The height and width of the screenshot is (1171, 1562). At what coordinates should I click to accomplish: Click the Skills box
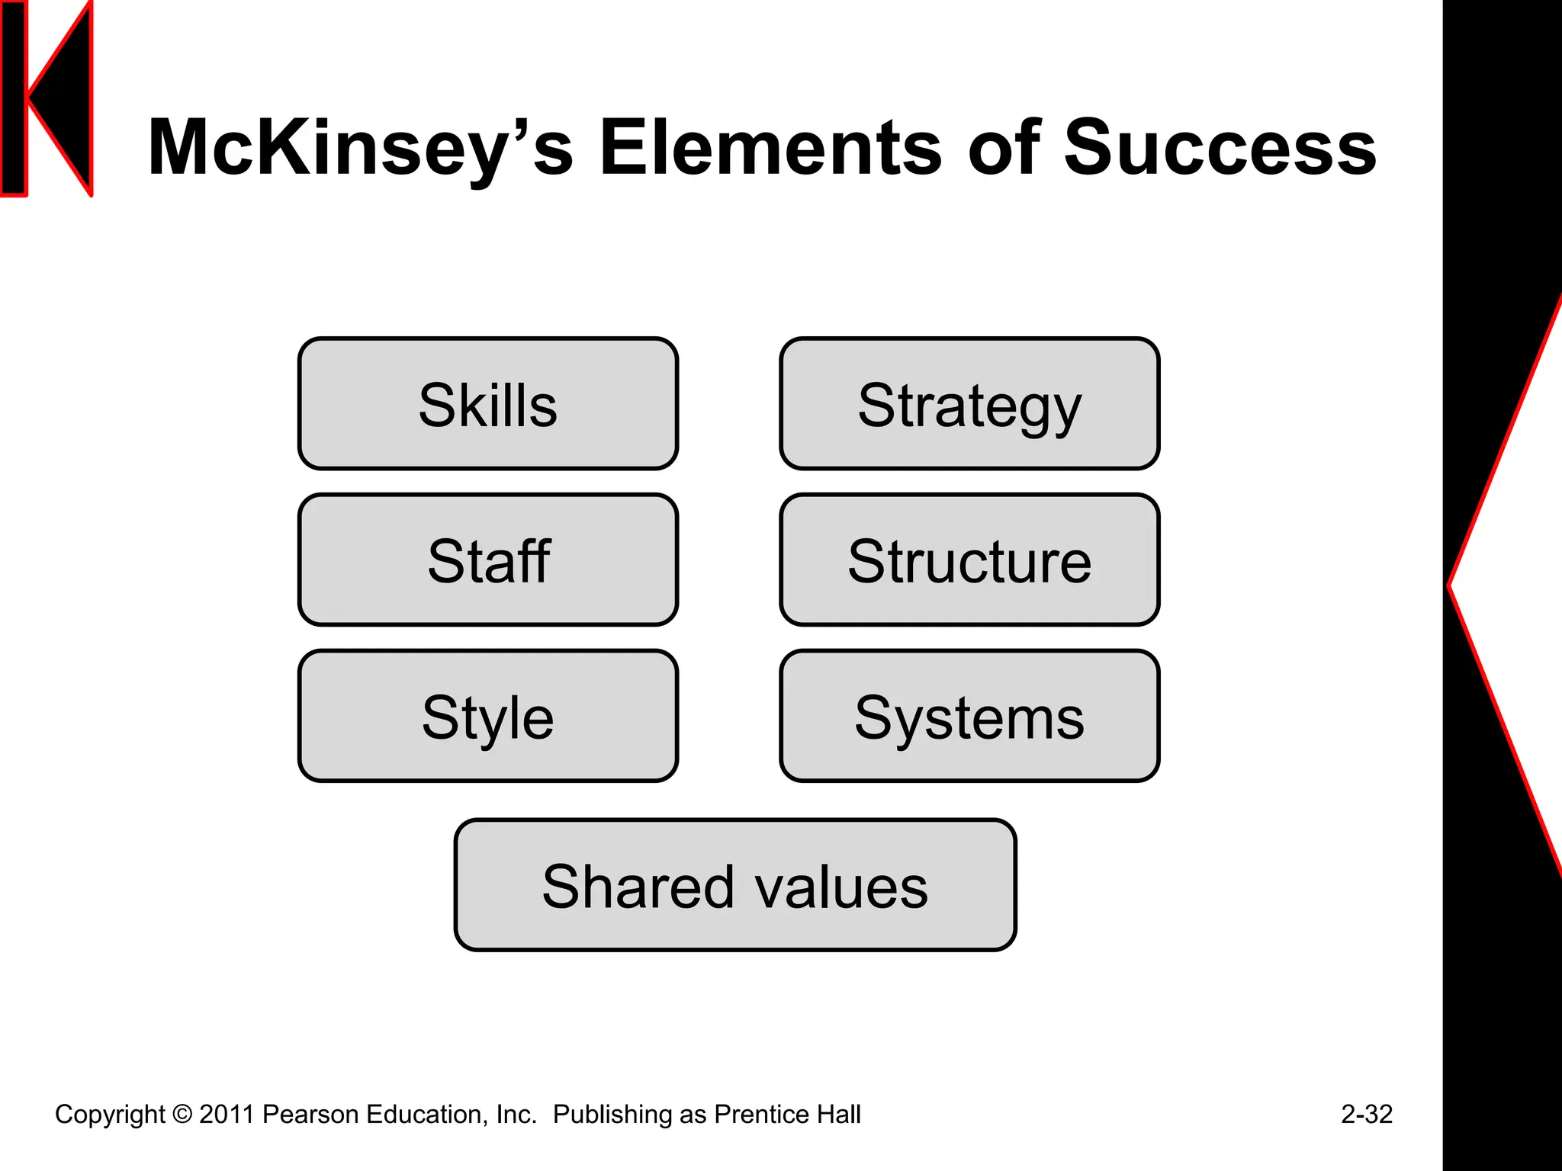pyautogui.click(x=488, y=404)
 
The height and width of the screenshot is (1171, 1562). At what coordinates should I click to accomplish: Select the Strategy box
pyautogui.click(x=969, y=404)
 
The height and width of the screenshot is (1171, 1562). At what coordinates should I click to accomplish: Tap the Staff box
pyautogui.click(x=488, y=560)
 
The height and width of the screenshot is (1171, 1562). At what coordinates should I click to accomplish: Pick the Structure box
pyautogui.click(x=969, y=560)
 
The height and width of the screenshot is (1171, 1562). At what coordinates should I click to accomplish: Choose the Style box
pyautogui.click(x=488, y=717)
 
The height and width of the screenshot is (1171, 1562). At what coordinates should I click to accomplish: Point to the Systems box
pyautogui.click(x=969, y=717)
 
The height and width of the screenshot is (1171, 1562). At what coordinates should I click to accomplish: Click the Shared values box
pyautogui.click(x=735, y=886)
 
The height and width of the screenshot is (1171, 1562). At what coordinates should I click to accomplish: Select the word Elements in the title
pyautogui.click(x=770, y=149)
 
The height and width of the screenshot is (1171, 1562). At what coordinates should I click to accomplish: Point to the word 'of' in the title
pyautogui.click(x=1004, y=149)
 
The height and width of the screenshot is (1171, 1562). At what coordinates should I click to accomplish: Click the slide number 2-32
pyautogui.click(x=1367, y=1114)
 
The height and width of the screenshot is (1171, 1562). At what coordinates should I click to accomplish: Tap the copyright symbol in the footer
pyautogui.click(x=182, y=1114)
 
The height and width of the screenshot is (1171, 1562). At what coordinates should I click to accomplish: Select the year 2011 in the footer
pyautogui.click(x=227, y=1114)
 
